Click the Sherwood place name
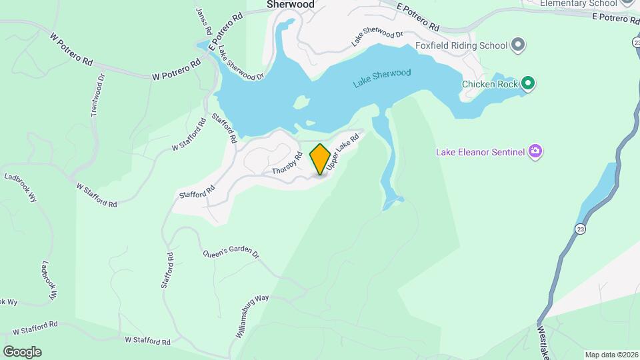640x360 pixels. (x=290, y=4)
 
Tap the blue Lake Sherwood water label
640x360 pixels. (x=382, y=77)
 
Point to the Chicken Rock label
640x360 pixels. (x=489, y=84)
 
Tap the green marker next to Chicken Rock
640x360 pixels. (x=529, y=83)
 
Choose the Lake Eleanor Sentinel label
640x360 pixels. (x=480, y=152)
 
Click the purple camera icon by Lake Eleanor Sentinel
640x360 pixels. (x=535, y=152)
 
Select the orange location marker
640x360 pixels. (x=320, y=159)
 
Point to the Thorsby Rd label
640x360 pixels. (x=287, y=164)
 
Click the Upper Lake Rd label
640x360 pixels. (x=343, y=150)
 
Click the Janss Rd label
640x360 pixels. (x=204, y=22)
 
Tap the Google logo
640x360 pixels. (x=22, y=351)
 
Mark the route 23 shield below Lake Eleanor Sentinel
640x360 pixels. (x=582, y=229)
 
